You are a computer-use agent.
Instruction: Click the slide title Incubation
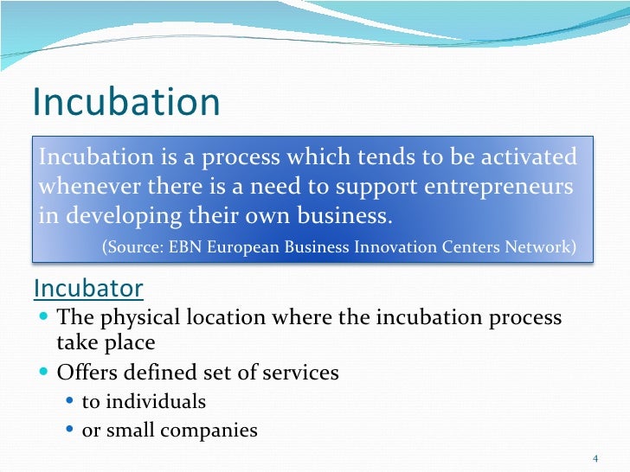[126, 103]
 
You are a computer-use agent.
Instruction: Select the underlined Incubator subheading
[88, 287]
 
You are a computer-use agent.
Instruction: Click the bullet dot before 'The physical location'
[45, 318]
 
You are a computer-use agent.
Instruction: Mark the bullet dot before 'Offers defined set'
[45, 373]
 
